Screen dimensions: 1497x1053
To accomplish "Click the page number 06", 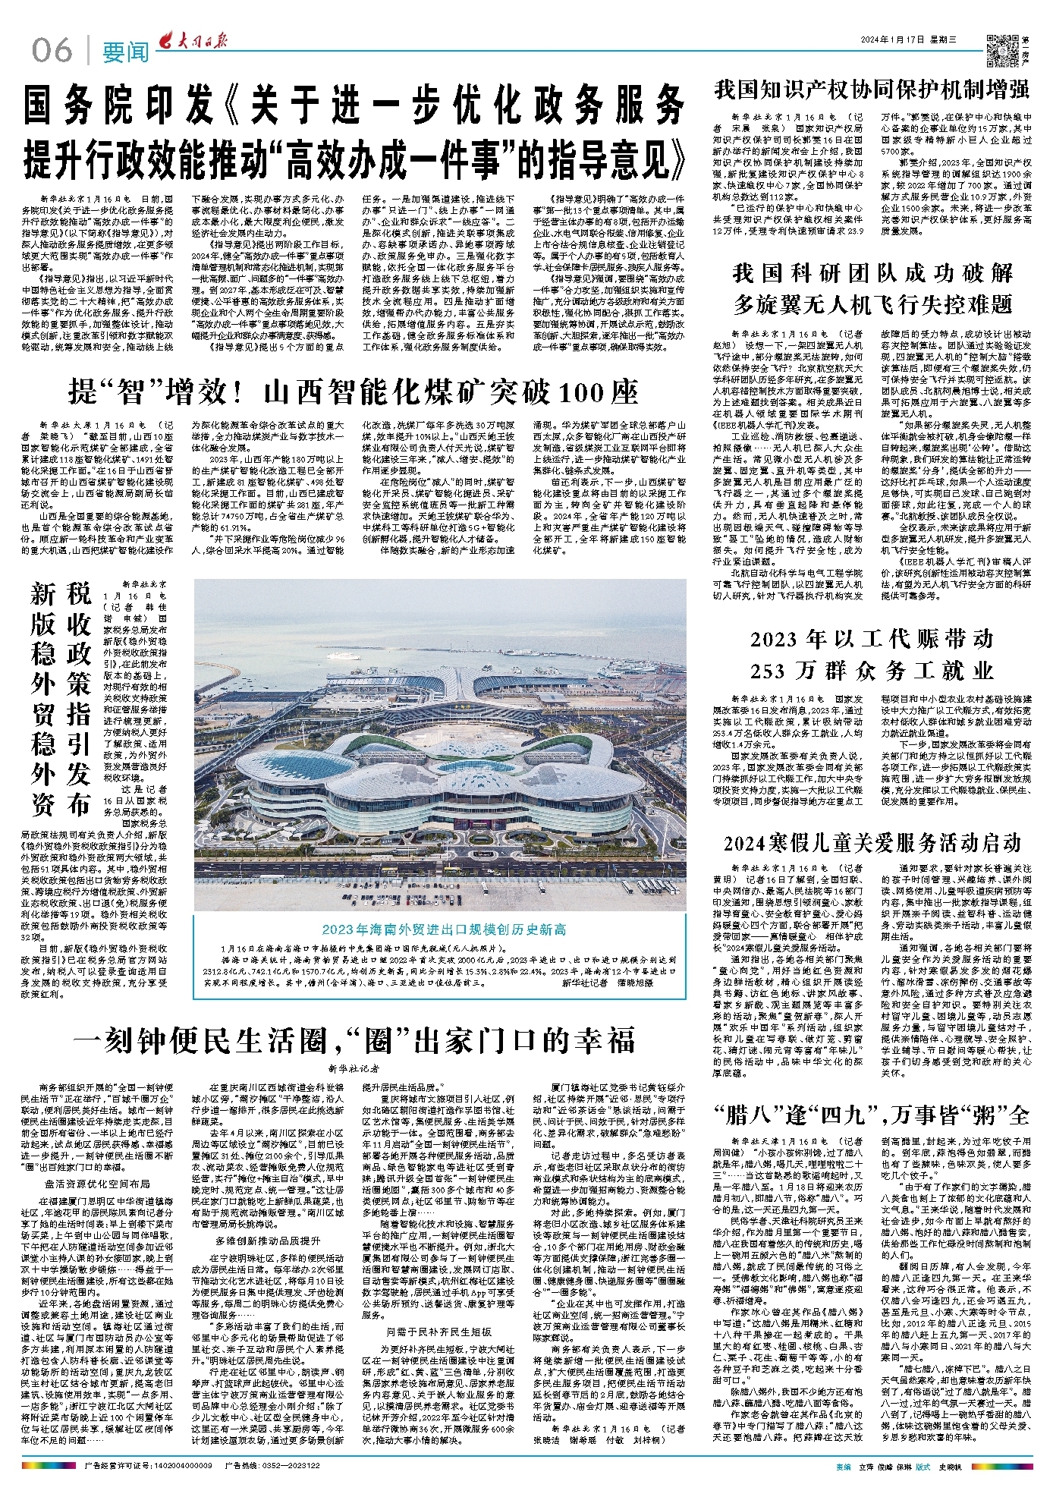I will pos(52,50).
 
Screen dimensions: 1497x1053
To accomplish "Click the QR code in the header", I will pos(1001,49).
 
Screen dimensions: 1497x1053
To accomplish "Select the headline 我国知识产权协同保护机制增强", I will pos(872,90).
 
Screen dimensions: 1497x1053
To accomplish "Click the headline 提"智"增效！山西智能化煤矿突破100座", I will pos(353,392).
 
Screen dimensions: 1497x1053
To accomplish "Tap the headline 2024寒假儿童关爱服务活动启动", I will pos(872,843).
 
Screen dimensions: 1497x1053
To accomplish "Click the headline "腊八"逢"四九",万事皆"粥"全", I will pos(872,1115).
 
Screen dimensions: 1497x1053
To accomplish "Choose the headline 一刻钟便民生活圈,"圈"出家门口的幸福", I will pos(353,1041).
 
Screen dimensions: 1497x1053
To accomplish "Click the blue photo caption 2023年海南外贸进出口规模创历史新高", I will pos(440,929).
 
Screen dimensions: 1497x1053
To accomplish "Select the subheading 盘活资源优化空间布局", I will pos(97,1184).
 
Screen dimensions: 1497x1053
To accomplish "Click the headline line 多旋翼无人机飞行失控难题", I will pos(872,304).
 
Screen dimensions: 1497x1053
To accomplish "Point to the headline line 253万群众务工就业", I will pos(872,671).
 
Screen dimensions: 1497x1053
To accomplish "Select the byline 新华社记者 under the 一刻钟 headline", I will pos(354,1068).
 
